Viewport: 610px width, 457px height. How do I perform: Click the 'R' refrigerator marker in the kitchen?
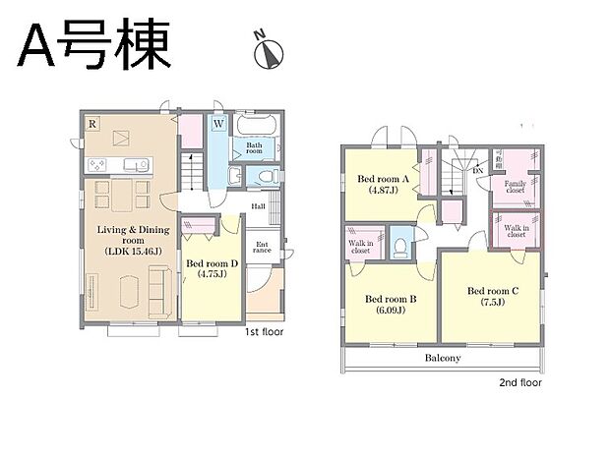91,124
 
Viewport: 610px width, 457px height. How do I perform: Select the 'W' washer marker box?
217,125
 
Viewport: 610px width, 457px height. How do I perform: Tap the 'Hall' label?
258,206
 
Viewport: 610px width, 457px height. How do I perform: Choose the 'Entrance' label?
263,248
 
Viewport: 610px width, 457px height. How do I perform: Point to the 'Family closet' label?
514,187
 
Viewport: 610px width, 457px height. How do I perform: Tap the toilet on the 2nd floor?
401,249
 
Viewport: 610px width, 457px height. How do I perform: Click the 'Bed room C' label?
494,296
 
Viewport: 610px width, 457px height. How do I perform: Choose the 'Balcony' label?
444,358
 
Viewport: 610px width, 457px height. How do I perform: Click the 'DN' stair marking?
477,170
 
